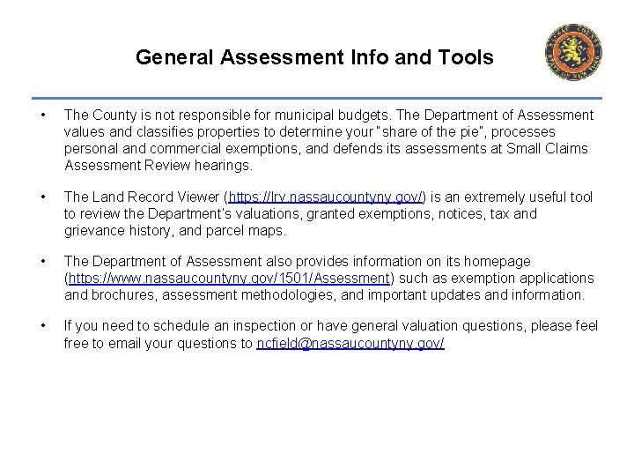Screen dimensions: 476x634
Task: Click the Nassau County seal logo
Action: pyautogui.click(x=573, y=52)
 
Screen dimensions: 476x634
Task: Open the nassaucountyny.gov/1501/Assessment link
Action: pyautogui.click(x=229, y=279)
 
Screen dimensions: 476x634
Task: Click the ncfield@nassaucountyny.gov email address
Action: pyautogui.click(x=350, y=344)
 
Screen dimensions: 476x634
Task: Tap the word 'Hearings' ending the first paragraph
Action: pyautogui.click(x=222, y=165)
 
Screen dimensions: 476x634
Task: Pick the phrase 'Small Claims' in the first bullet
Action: pyautogui.click(x=547, y=148)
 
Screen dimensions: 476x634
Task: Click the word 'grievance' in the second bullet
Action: pyautogui.click(x=94, y=230)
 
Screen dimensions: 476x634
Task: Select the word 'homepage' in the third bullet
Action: pyautogui.click(x=499, y=262)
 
